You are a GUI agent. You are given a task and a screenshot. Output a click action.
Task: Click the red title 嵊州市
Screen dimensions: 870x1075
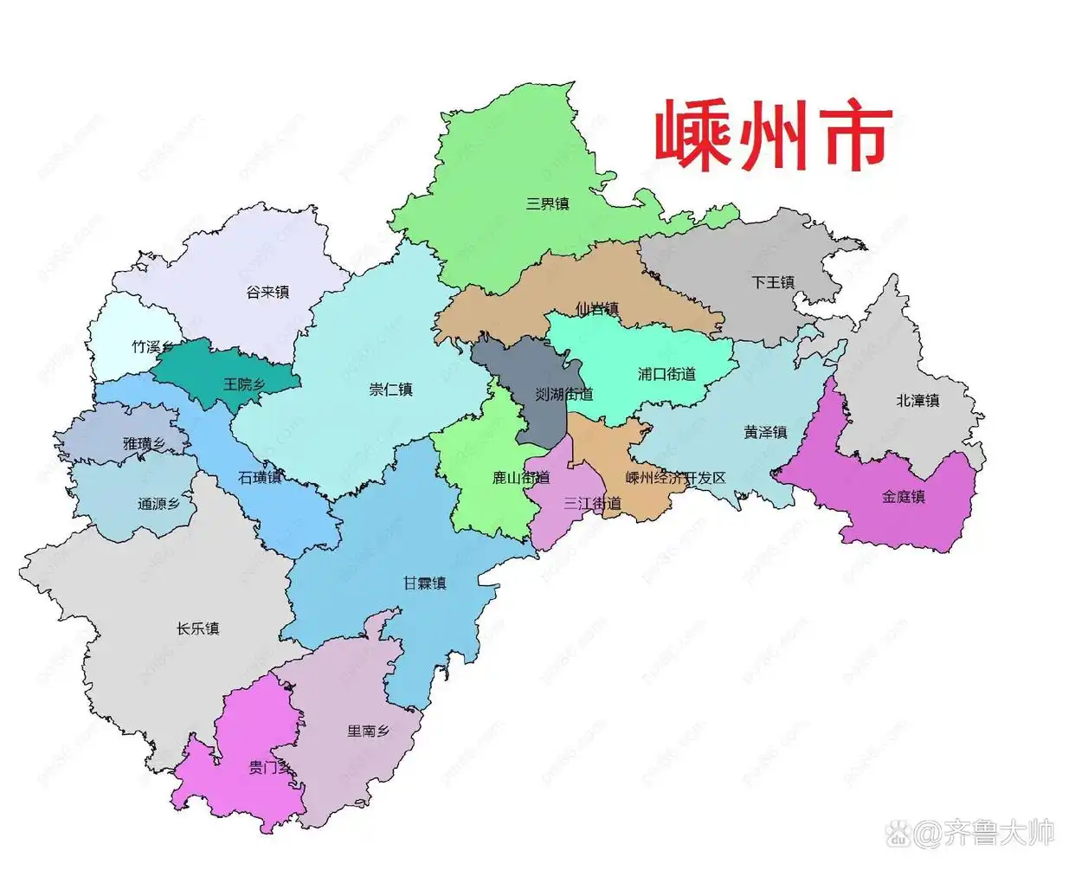pos(772,136)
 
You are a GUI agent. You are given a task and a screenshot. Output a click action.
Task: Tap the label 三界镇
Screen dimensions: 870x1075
pos(548,204)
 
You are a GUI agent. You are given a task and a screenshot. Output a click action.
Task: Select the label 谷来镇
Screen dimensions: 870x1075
pos(267,293)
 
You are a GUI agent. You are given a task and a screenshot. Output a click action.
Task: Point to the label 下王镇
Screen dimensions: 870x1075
pos(773,282)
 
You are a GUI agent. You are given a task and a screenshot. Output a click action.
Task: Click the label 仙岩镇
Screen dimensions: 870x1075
pos(597,309)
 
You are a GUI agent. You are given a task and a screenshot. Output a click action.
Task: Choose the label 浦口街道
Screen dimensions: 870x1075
pos(666,374)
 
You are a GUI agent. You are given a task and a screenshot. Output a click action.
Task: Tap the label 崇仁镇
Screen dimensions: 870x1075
pos(390,390)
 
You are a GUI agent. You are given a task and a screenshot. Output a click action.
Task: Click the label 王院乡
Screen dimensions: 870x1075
pos(244,384)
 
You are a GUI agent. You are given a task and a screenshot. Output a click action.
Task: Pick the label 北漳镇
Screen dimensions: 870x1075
pos(917,401)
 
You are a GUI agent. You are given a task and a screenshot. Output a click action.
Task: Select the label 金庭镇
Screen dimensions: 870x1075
pos(904,497)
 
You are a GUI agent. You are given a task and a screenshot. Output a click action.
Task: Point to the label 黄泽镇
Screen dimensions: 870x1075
pos(765,432)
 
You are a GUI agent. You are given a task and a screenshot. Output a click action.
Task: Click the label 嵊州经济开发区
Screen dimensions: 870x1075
pos(675,478)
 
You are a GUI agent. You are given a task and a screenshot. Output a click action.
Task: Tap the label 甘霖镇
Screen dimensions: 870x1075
pos(425,583)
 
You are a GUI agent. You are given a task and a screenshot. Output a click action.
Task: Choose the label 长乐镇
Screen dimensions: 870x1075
pos(198,628)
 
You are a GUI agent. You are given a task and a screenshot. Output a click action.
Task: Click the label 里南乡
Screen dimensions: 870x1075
pos(369,731)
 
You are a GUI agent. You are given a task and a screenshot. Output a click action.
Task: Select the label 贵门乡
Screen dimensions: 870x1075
pos(270,767)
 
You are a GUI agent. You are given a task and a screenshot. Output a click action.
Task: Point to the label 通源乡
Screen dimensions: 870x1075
pos(158,504)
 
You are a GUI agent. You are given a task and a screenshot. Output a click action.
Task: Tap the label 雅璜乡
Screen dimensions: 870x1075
pos(144,444)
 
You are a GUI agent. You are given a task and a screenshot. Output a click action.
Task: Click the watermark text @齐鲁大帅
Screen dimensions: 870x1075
pos(973,834)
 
